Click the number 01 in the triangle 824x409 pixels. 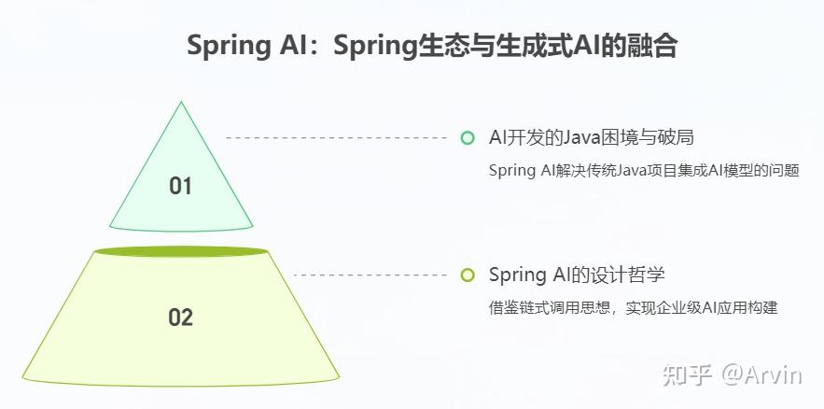[x=180, y=186]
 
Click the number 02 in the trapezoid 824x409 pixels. [x=180, y=317]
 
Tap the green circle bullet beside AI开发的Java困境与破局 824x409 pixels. [x=468, y=138]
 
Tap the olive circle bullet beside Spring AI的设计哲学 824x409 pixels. [x=468, y=275]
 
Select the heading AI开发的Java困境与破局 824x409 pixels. [x=592, y=138]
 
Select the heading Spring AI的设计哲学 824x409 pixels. [x=577, y=275]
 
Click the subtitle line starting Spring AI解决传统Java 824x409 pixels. [x=644, y=171]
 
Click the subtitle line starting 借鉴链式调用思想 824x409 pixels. [x=633, y=307]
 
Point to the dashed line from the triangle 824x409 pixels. [x=336, y=138]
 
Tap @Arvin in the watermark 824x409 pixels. [x=761, y=375]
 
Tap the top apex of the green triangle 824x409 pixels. [x=181, y=103]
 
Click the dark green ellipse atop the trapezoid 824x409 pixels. [x=181, y=251]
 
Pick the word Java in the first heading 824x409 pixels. [x=579, y=138]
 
